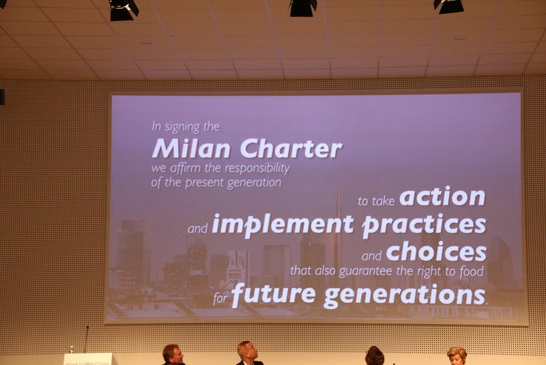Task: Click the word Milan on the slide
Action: [191, 148]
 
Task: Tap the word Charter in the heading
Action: [291, 148]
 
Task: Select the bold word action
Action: [442, 196]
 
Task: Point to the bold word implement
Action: [283, 225]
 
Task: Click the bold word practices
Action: [424, 225]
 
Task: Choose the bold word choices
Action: [436, 252]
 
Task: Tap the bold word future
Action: [274, 295]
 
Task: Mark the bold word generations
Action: [405, 296]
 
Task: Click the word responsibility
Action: [257, 168]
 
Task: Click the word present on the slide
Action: [204, 182]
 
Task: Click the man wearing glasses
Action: [173, 355]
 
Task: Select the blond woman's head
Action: [457, 355]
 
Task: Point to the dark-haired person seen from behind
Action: [375, 356]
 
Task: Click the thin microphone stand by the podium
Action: [87, 339]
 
